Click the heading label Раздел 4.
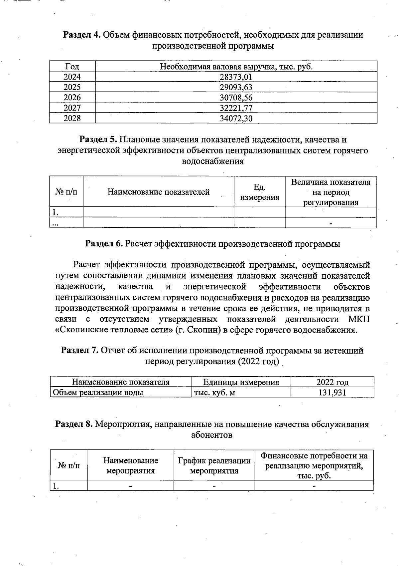click(x=82, y=35)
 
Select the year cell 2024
click(x=72, y=77)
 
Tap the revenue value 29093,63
click(x=236, y=87)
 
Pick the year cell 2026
click(x=72, y=98)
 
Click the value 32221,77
click(x=236, y=108)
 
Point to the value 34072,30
click(x=236, y=118)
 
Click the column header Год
click(x=72, y=67)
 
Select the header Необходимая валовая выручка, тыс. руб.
click(x=236, y=67)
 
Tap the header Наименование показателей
click(x=158, y=192)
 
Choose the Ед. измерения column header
click(x=260, y=192)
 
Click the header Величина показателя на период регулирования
click(x=331, y=192)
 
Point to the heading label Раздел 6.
click(x=104, y=244)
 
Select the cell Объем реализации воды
click(x=98, y=393)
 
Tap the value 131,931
click(x=332, y=393)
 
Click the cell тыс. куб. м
click(x=214, y=393)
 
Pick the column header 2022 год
click(x=332, y=382)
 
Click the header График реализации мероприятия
click(x=214, y=465)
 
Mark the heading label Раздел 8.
click(x=74, y=424)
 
